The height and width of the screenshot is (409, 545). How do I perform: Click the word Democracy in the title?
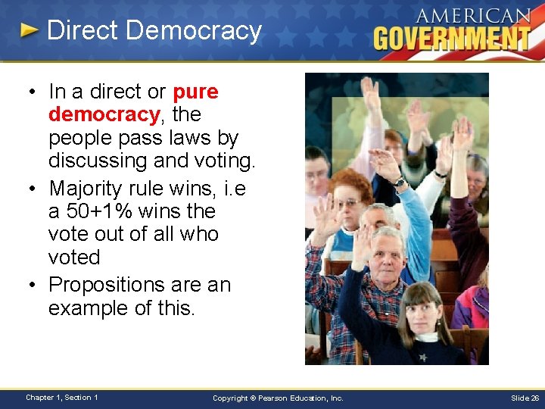pos(195,31)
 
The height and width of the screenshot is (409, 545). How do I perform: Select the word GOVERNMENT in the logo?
pos(453,38)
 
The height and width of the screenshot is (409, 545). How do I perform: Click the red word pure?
pos(195,92)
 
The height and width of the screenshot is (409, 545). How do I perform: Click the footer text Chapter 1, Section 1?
pos(61,398)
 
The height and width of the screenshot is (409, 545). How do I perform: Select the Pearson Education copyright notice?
pos(278,398)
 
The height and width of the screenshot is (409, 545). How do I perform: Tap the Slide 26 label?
pos(525,398)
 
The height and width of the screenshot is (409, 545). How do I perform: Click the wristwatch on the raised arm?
pos(400,182)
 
